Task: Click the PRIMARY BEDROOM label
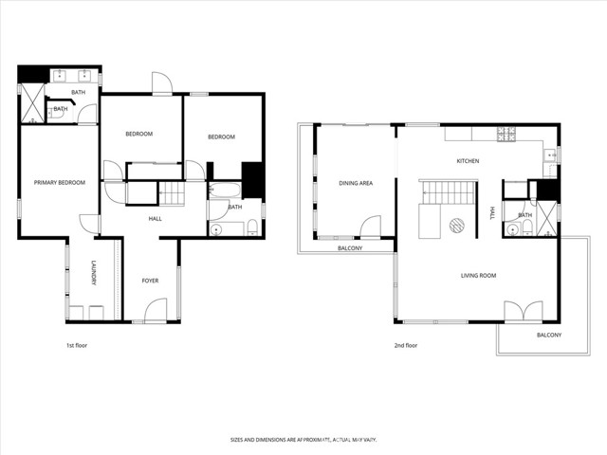[x=59, y=182]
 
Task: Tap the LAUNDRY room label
[x=93, y=273]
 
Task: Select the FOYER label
[x=150, y=281]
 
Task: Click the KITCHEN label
[x=468, y=161]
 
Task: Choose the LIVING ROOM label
[x=479, y=276]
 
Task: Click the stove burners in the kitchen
[x=506, y=133]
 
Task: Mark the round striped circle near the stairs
[x=456, y=225]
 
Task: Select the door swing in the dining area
[x=370, y=227]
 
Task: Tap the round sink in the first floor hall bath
[x=216, y=228]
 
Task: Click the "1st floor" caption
[x=79, y=345]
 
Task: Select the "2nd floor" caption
[x=405, y=345]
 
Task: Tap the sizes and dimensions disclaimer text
[x=303, y=439]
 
